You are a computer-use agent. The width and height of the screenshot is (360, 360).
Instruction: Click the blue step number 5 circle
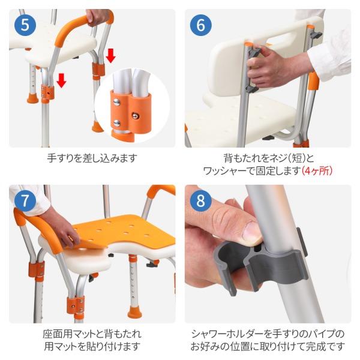click(x=25, y=25)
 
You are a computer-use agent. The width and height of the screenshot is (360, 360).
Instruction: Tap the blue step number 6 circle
click(x=200, y=25)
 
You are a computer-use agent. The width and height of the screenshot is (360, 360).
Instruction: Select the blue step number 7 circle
click(x=25, y=200)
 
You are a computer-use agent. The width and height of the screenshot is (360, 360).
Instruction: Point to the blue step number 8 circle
click(x=200, y=200)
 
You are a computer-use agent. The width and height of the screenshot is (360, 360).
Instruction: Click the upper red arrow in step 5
click(x=110, y=56)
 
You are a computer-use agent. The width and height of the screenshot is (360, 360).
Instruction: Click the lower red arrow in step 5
click(x=61, y=80)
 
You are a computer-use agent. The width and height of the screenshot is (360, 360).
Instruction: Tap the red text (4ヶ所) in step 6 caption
click(x=317, y=170)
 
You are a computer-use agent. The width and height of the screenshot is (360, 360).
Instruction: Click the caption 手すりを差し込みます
click(x=92, y=158)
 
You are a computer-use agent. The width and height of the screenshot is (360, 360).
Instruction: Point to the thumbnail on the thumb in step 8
click(x=252, y=232)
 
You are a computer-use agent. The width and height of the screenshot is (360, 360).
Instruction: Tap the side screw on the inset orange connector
click(x=136, y=115)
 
